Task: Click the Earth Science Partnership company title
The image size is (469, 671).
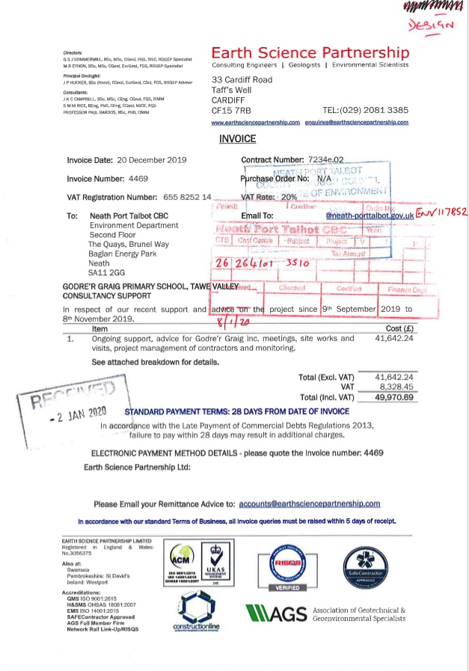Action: click(310, 53)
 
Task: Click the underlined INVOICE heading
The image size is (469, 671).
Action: click(237, 139)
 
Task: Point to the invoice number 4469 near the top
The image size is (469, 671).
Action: click(138, 179)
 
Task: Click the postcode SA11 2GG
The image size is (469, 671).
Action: click(106, 273)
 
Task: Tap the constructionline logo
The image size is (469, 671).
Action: click(197, 613)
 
